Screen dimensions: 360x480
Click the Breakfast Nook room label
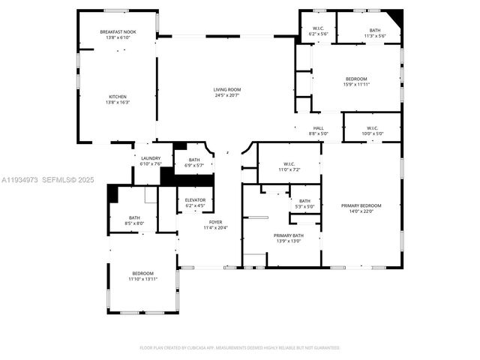tap(117, 31)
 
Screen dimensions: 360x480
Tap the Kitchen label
tap(117, 97)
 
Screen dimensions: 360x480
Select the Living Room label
tap(226, 89)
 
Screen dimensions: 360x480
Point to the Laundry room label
tap(151, 157)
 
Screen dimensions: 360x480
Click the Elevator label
tap(195, 199)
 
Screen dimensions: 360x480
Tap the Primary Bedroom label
tap(361, 205)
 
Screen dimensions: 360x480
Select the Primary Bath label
tap(288, 235)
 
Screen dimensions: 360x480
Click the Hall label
tap(318, 127)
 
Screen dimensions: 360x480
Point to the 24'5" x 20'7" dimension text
tap(226, 95)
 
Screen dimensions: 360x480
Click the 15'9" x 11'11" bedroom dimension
tap(356, 85)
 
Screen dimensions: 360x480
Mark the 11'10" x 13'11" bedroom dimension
tap(142, 279)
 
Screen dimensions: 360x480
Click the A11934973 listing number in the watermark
tap(19, 180)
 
